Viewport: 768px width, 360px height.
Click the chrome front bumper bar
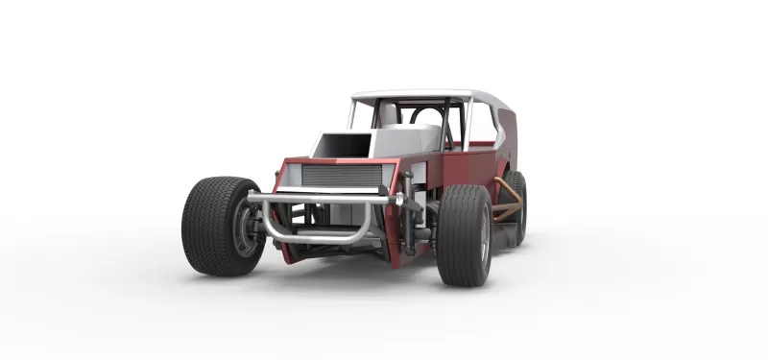pyautogui.click(x=326, y=198)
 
